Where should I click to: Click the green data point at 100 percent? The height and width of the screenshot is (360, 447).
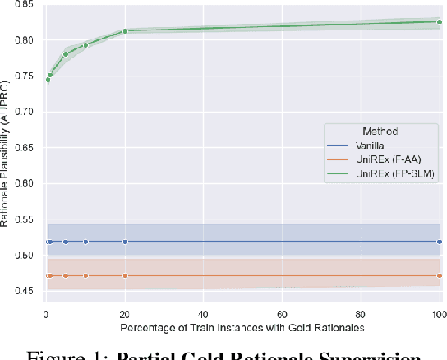pyautogui.click(x=440, y=22)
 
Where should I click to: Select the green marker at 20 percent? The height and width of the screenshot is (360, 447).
pyautogui.click(x=125, y=31)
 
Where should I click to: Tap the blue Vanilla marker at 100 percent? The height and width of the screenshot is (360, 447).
pyautogui.click(x=440, y=242)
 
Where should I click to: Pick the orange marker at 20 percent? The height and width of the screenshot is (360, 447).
pyautogui.click(x=125, y=275)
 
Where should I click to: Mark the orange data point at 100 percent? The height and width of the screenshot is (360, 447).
pyautogui.click(x=440, y=275)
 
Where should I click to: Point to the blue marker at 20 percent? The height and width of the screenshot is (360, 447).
pyautogui.click(x=125, y=242)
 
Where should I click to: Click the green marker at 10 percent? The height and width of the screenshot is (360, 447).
pyautogui.click(x=85, y=44)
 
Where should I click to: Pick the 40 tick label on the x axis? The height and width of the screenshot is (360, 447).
pyautogui.click(x=203, y=315)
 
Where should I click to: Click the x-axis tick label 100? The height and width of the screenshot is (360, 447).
pyautogui.click(x=438, y=315)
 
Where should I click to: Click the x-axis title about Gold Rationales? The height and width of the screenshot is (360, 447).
pyautogui.click(x=242, y=328)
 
